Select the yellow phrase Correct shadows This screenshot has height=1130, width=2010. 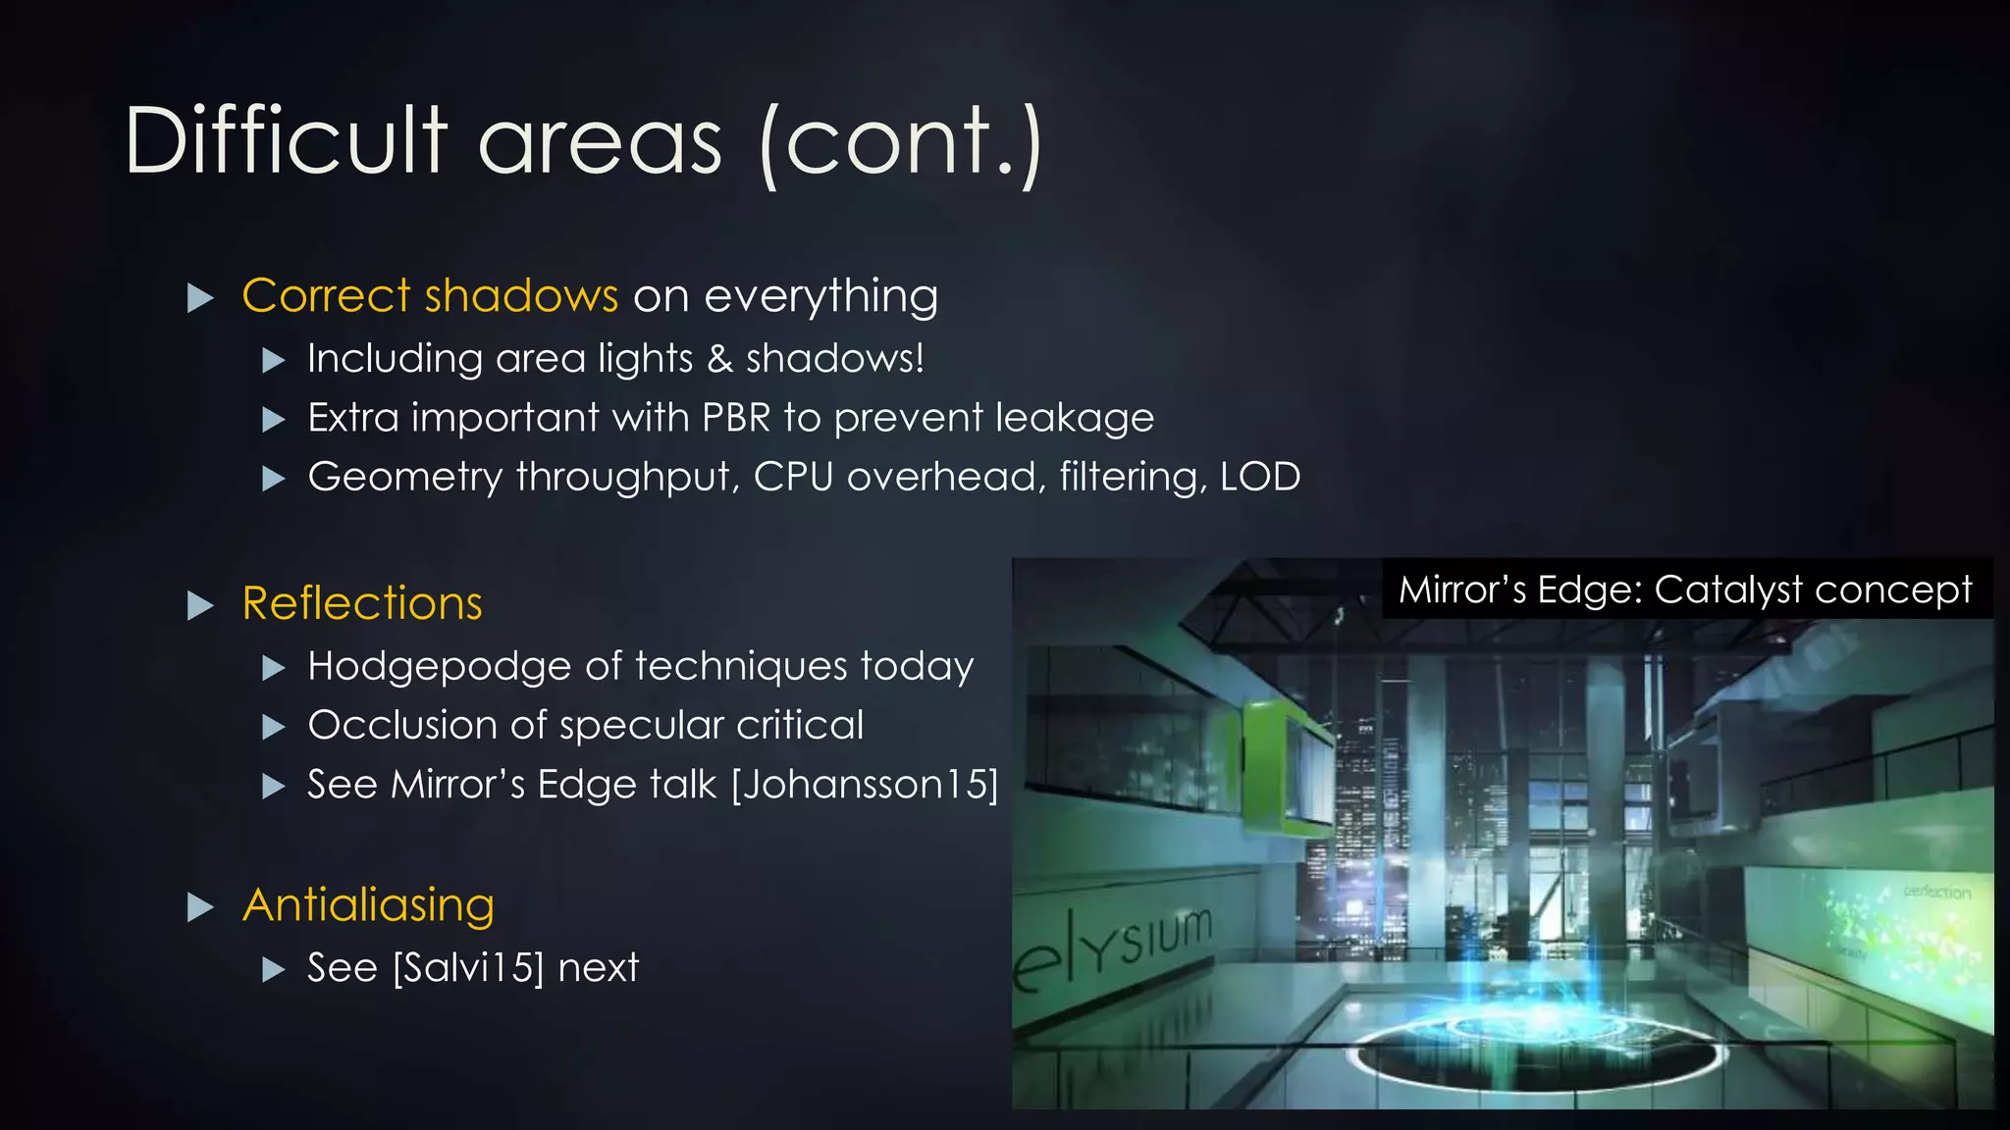(x=430, y=296)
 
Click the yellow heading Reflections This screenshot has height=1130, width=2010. (x=362, y=603)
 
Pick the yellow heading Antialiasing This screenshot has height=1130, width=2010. (x=368, y=905)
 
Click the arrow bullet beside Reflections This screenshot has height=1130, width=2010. (x=200, y=605)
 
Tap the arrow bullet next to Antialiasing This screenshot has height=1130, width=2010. (x=200, y=907)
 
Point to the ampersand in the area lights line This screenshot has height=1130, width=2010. (x=719, y=359)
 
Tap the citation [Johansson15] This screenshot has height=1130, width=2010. (x=865, y=785)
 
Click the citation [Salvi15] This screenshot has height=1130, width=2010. (x=468, y=968)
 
